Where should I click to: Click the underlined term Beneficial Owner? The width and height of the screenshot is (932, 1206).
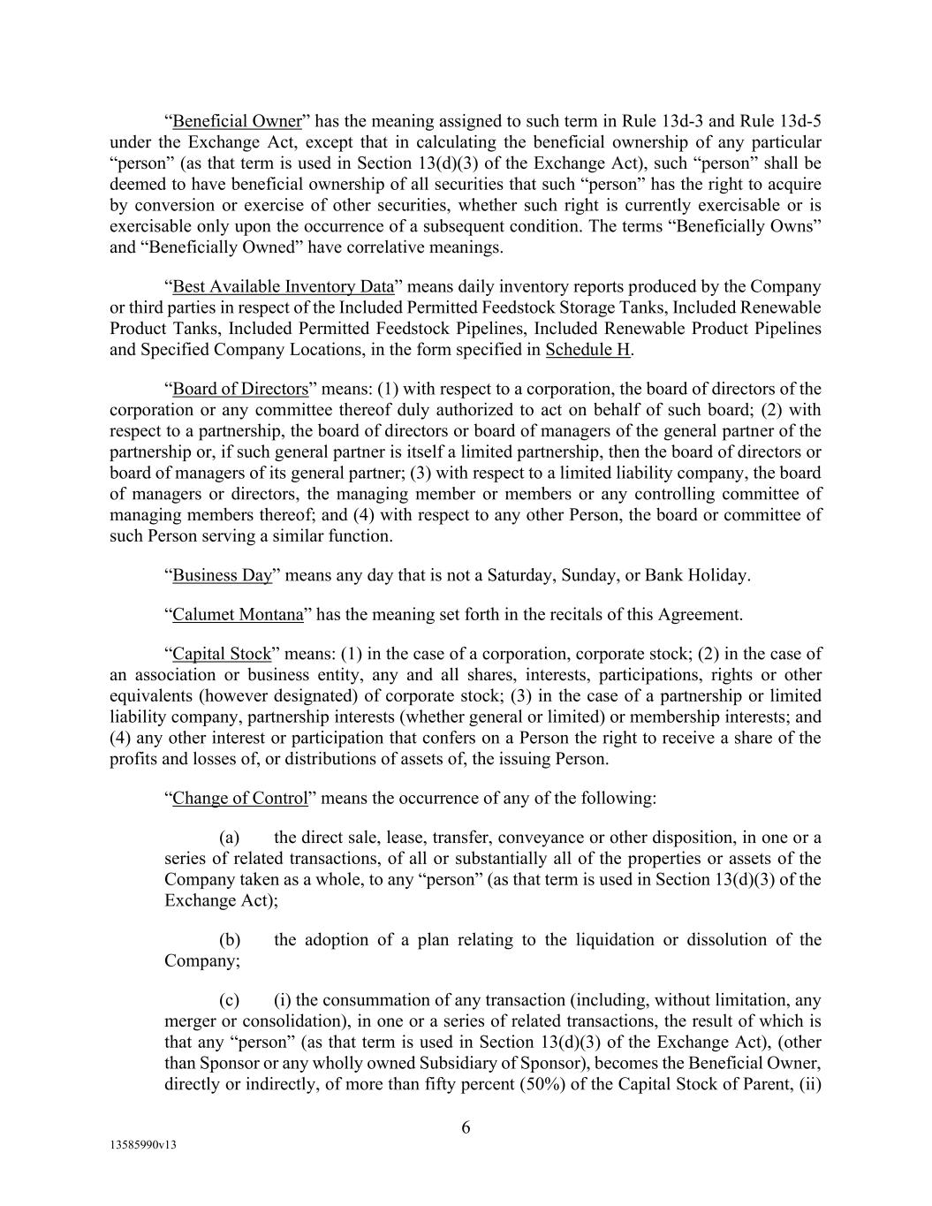coord(237,121)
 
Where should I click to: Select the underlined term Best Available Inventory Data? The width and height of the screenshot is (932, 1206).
coord(283,287)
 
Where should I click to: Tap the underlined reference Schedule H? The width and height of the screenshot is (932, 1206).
coord(587,350)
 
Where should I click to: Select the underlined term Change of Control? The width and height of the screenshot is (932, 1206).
coord(239,799)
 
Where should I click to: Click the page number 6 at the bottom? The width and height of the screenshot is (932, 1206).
coord(466,1127)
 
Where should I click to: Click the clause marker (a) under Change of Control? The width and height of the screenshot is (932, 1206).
coord(229,838)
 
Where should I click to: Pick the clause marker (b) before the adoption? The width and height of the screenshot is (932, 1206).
coord(229,940)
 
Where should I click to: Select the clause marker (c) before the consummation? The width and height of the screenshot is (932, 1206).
coord(229,1001)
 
